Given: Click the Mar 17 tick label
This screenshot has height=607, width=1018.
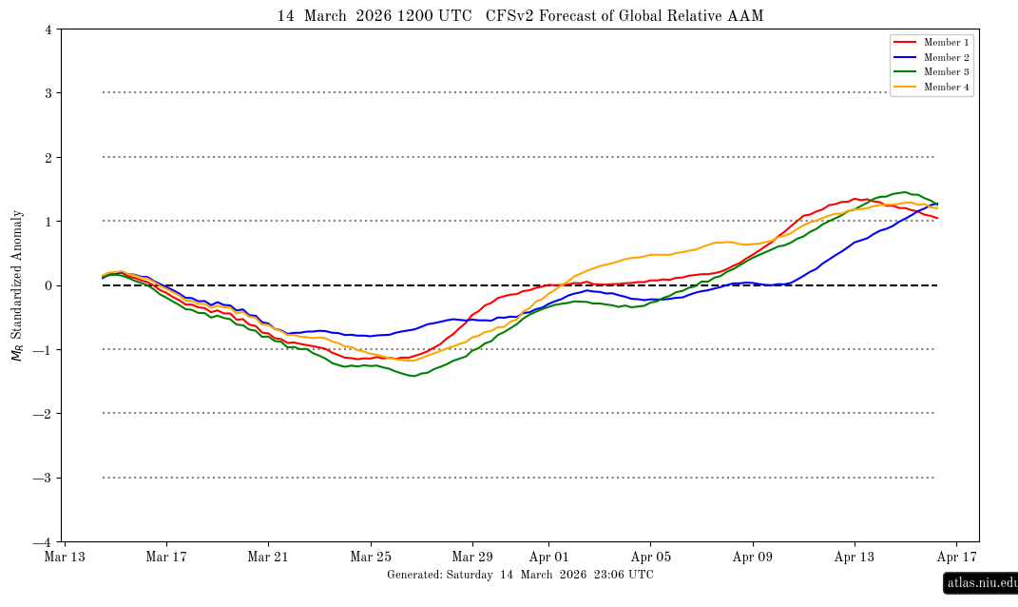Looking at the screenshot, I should [166, 558].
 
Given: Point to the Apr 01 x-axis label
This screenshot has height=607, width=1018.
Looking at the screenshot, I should [548, 558].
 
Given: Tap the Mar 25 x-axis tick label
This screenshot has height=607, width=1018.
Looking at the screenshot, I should [371, 558].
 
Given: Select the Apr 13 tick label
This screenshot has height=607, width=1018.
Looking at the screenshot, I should [854, 558].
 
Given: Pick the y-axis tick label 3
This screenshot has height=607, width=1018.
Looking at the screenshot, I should [48, 93].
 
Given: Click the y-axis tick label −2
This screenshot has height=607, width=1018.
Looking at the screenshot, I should [44, 414].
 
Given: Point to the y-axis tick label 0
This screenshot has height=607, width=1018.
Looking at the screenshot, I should [48, 285].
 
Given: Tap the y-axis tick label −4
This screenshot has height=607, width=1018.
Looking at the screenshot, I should [44, 542].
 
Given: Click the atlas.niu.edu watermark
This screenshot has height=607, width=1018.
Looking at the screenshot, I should [980, 583].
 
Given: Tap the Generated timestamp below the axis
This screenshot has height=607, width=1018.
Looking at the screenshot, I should [520, 575].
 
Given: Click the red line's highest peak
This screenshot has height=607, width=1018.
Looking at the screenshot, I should [855, 199].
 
